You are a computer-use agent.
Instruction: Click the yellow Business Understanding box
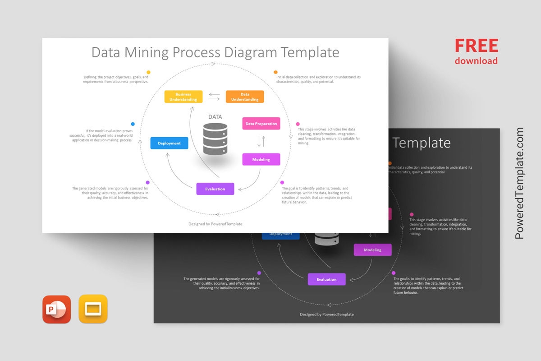coord(183,97)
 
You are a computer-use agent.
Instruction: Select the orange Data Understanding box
coord(245,97)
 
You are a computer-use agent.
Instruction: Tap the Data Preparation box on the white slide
coord(261,124)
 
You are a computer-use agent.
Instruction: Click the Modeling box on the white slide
coord(261,159)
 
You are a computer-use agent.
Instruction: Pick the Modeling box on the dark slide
coord(372,250)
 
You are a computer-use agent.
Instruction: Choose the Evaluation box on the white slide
coord(215,189)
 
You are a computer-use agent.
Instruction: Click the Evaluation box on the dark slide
coord(326,279)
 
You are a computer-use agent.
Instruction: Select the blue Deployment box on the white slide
coord(169,143)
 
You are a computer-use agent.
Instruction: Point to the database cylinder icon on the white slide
coord(215,139)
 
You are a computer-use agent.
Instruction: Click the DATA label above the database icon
coord(215,117)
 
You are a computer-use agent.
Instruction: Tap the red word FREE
coord(476,46)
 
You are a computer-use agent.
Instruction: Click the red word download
coord(476,61)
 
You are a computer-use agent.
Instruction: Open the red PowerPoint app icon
coord(57,310)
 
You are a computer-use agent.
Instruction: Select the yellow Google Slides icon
coord(93,309)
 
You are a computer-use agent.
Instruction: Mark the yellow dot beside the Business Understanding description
coord(148,72)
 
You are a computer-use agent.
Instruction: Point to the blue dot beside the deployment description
coord(133,124)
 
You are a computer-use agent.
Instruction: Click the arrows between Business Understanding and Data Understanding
coord(214,97)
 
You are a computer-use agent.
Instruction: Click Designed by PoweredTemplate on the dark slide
coord(327,314)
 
